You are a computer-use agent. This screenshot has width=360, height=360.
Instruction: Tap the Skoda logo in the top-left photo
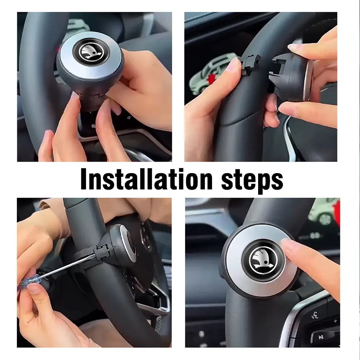coord(91,54)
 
